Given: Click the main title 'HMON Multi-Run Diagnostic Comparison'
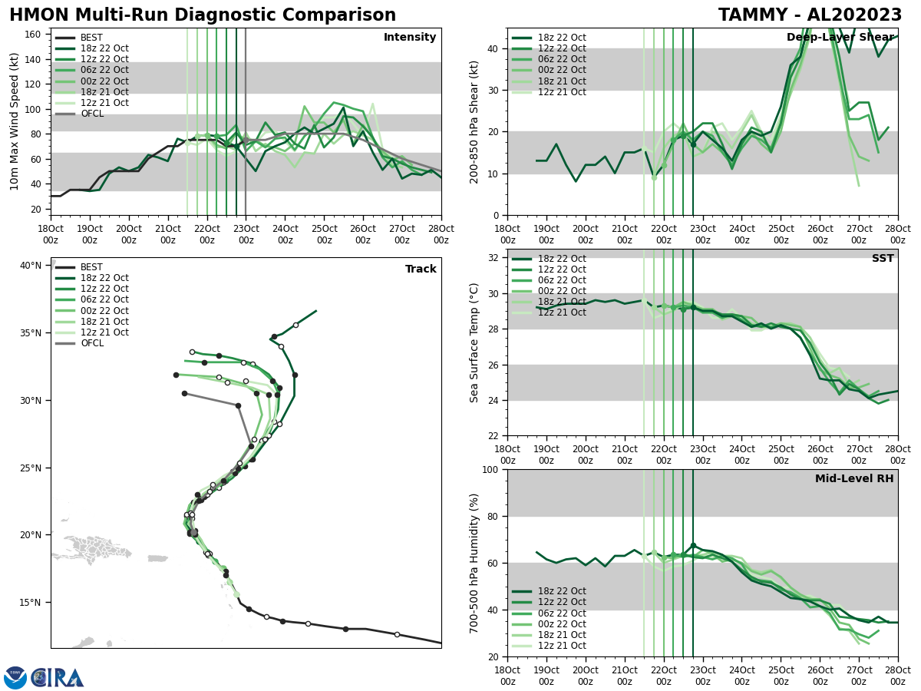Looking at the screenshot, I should coord(203,15).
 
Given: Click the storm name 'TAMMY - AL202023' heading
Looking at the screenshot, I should coord(810,15).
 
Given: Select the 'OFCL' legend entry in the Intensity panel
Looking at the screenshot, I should coord(91,114).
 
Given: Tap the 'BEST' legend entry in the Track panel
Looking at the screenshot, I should coord(91,267).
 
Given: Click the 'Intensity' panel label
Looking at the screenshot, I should coord(410,38).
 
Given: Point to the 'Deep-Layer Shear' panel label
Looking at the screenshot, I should coord(840,38).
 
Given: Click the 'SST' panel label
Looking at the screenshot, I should coord(883,259).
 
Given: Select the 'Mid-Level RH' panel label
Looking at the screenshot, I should coord(854,479).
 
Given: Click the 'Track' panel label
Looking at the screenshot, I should coord(421,269).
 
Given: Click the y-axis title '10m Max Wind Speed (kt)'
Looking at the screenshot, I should coord(15,121).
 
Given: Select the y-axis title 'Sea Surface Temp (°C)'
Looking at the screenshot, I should coord(474,342).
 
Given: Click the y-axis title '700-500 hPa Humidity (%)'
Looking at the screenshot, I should coord(474,563).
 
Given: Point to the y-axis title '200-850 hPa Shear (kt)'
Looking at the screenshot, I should coord(474,121).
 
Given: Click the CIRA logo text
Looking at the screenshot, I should coord(58,678).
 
